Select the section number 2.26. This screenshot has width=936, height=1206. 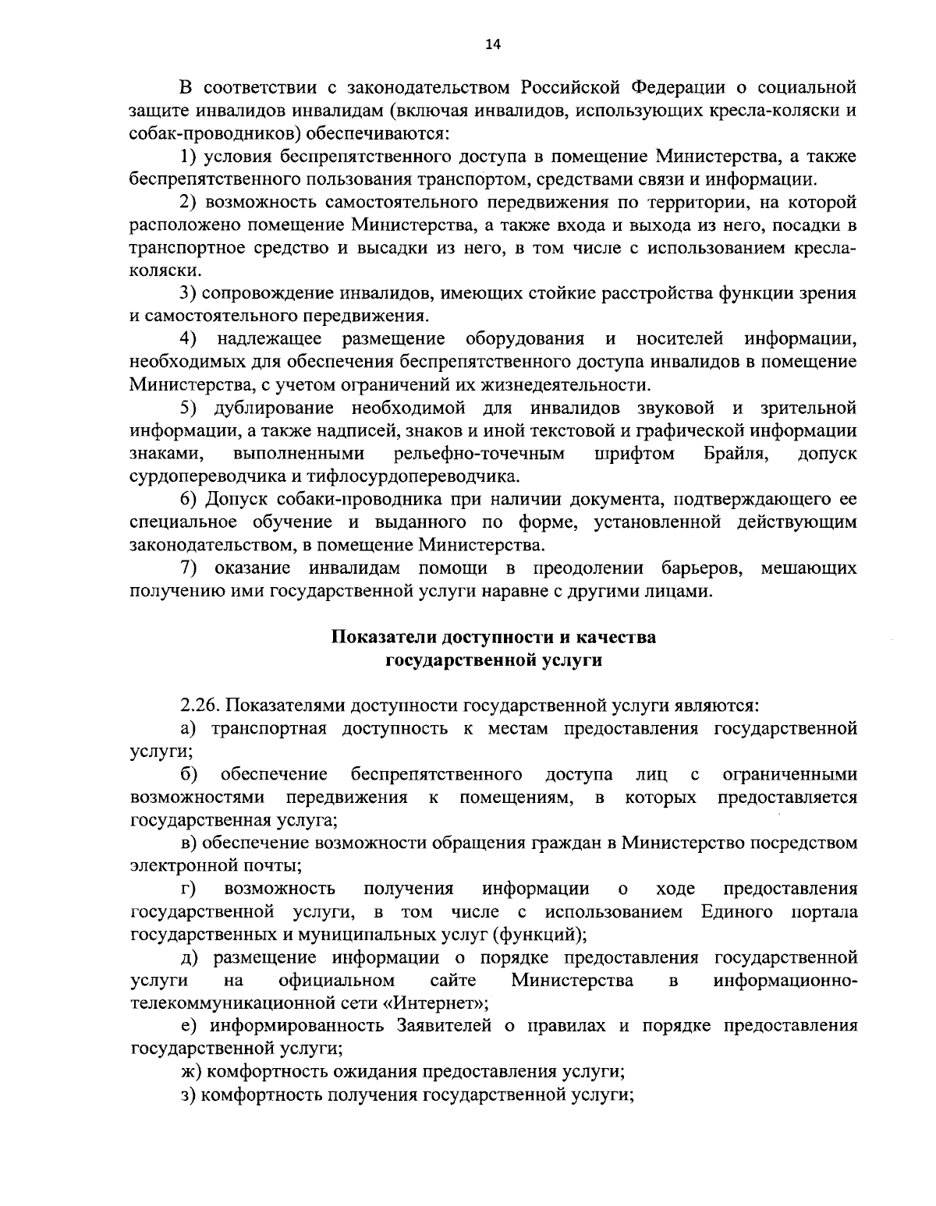(x=200, y=706)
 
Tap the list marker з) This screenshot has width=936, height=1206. (x=190, y=1094)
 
